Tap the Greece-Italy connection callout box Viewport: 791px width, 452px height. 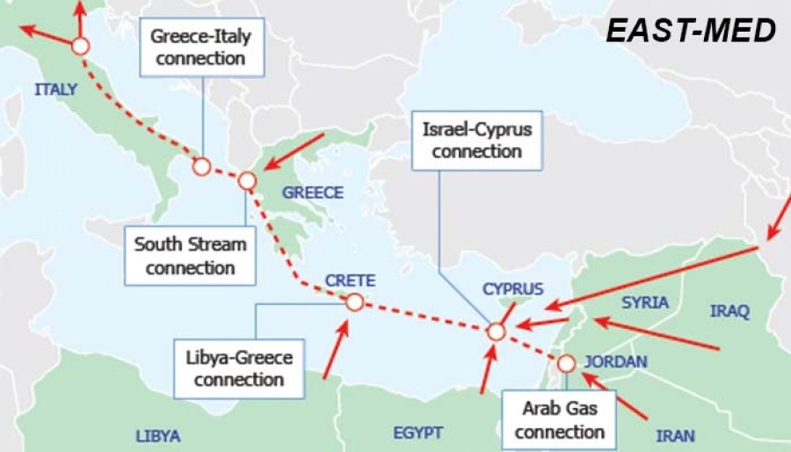point(201,48)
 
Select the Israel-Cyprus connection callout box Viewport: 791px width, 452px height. point(477,140)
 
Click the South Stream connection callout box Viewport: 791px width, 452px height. point(190,255)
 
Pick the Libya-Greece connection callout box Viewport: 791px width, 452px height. point(239,369)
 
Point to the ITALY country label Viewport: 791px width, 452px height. point(56,89)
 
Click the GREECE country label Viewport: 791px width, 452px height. point(313,193)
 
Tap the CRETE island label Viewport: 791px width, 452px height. point(350,281)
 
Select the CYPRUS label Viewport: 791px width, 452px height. point(513,289)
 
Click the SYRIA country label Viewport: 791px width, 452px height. point(645,303)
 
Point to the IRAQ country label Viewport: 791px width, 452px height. point(729,311)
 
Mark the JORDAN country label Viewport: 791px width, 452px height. point(615,361)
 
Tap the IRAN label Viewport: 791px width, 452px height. point(675,435)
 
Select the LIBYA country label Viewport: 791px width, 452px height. point(158,436)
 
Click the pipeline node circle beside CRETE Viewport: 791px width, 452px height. point(354,303)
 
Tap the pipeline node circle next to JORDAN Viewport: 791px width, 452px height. point(566,363)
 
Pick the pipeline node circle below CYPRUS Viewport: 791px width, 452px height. point(496,332)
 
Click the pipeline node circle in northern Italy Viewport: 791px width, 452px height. point(80,46)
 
